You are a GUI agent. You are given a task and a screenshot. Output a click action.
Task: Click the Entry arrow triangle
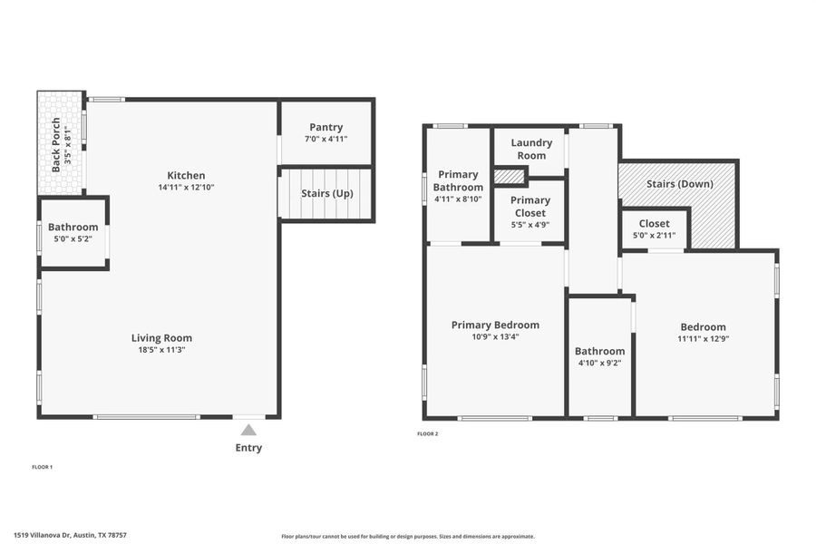click(x=248, y=430)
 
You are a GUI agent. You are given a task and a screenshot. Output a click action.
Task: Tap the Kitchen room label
click(x=186, y=175)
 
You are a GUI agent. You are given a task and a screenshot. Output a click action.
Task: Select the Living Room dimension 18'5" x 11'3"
click(x=161, y=350)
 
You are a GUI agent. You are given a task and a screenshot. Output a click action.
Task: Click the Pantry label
click(x=325, y=127)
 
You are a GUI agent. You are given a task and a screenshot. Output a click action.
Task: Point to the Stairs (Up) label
click(x=327, y=194)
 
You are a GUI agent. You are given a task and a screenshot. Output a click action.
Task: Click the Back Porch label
click(x=55, y=145)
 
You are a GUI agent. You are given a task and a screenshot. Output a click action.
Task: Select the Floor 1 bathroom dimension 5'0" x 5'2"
click(x=73, y=239)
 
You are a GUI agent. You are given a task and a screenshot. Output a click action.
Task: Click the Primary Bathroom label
click(x=459, y=180)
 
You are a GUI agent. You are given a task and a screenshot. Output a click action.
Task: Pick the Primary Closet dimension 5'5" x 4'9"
click(x=530, y=225)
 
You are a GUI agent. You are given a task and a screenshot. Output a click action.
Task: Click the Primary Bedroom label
click(x=495, y=325)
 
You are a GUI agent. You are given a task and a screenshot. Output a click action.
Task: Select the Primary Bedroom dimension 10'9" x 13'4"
click(x=495, y=336)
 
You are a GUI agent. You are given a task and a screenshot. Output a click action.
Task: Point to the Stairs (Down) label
click(x=679, y=184)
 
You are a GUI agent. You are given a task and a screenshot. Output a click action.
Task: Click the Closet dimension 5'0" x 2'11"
click(x=654, y=236)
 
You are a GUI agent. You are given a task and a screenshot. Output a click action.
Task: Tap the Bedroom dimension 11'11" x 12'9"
click(x=704, y=339)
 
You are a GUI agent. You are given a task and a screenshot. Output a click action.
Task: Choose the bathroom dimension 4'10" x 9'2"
click(x=599, y=363)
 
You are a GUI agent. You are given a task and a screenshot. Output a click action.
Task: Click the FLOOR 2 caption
click(x=427, y=434)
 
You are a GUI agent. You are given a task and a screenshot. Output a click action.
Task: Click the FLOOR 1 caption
click(x=43, y=467)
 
